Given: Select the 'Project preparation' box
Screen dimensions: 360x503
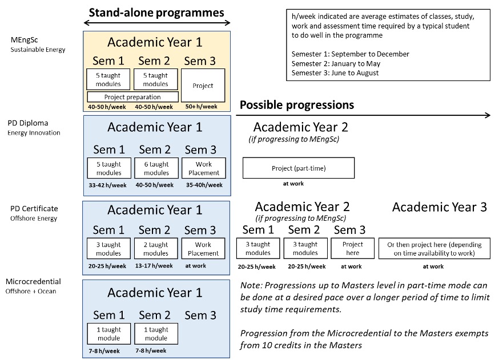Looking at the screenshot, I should pos(132,97).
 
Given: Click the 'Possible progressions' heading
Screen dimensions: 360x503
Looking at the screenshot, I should pos(297,105).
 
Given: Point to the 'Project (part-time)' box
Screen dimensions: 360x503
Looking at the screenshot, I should pos(299,168).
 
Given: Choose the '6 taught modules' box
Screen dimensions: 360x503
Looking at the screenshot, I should pos(156,168).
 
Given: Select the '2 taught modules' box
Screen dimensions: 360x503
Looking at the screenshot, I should pos(156,249).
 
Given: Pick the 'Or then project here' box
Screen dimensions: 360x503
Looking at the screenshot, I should pos(434,248).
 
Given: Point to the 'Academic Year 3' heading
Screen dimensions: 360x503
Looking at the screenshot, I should pos(439,207).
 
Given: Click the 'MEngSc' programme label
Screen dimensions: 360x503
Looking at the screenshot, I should pos(23,41).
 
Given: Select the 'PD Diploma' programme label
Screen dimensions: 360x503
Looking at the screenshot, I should pos(27,123).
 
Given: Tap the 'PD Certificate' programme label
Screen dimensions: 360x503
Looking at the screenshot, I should pos(33,209).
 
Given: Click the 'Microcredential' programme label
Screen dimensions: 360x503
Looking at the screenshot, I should pos(33,282).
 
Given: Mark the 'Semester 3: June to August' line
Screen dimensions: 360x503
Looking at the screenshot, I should pos(335,72).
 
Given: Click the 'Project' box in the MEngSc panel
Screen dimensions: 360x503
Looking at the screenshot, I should pos(203,86).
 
